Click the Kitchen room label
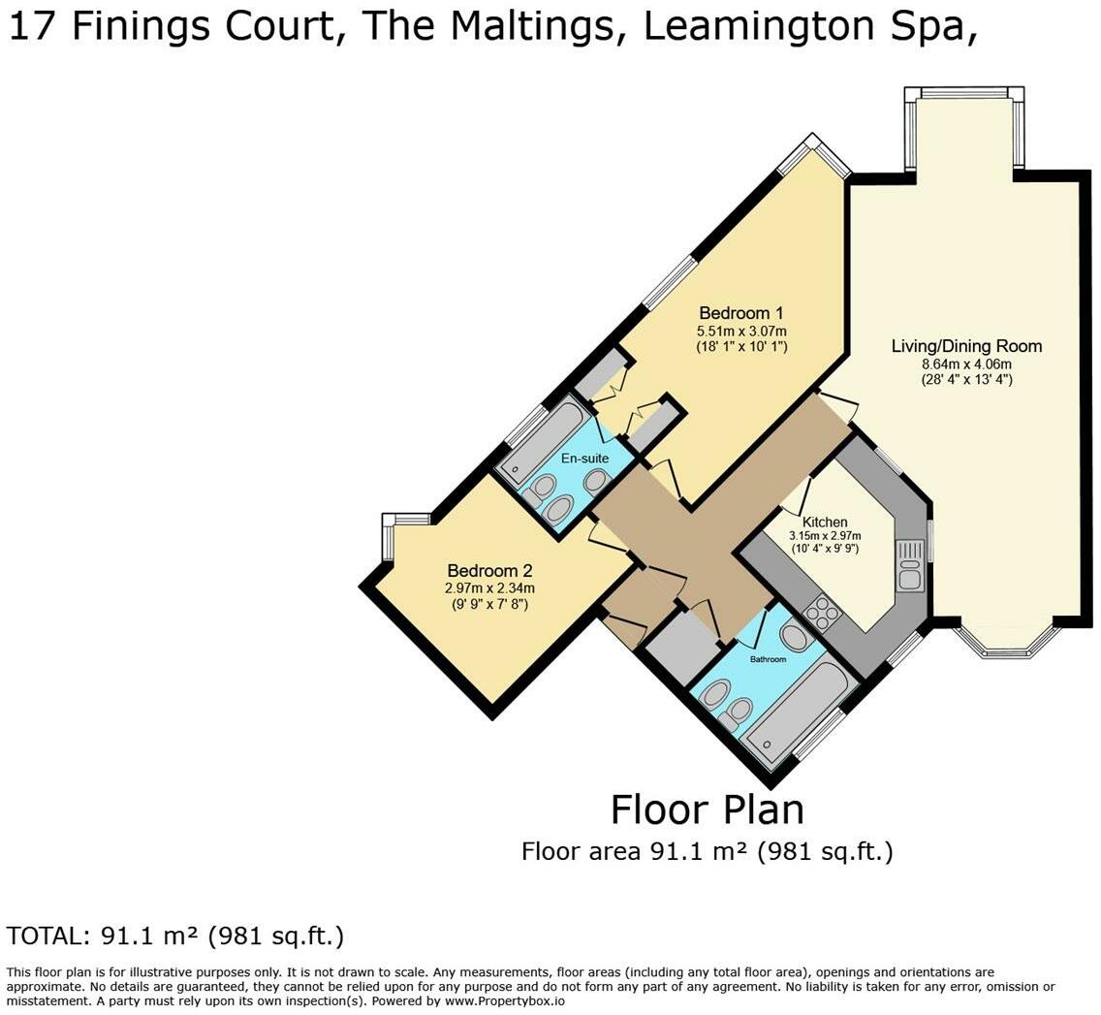825,522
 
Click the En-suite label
585,459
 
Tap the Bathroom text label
769,659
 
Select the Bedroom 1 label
740,312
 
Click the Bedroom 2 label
489,570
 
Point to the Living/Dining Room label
966,345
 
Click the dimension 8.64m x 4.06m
966,364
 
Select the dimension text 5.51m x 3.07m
740,331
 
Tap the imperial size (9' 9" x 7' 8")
489,604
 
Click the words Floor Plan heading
708,809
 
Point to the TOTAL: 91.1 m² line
175,936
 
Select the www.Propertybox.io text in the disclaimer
503,1001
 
